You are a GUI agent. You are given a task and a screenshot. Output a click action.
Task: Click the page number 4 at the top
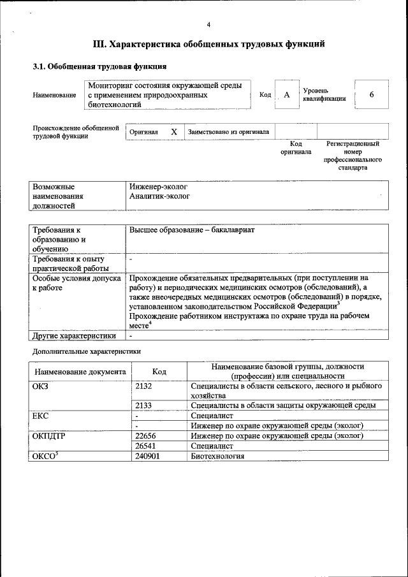[x=208, y=25]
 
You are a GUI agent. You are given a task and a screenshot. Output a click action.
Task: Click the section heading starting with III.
[x=209, y=44]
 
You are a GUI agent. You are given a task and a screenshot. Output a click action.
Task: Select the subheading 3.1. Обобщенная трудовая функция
[x=99, y=66]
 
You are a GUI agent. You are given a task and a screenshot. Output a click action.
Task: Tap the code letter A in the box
[x=287, y=95]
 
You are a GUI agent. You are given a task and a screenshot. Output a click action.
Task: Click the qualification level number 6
[x=371, y=94]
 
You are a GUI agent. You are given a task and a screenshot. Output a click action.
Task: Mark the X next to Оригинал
[x=173, y=132]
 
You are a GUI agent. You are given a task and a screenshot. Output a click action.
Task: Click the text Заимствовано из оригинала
[x=228, y=132]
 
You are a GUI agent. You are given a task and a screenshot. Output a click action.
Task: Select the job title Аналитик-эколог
[x=159, y=196]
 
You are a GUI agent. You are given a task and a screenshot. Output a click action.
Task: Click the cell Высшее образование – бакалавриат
[x=192, y=230]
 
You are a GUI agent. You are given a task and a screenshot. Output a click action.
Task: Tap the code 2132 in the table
[x=144, y=386]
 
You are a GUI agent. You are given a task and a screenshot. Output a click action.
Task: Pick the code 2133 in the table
[x=144, y=405]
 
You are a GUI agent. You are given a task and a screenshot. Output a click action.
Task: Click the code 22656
[x=146, y=436]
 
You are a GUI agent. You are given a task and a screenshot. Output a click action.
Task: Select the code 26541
[x=146, y=446]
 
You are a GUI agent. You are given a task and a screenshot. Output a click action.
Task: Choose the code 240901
[x=148, y=456]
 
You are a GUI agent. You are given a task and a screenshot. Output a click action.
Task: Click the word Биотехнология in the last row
[x=217, y=456]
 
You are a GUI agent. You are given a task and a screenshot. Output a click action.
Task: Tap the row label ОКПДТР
[x=49, y=436]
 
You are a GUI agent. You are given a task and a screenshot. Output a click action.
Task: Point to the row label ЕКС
[x=40, y=416]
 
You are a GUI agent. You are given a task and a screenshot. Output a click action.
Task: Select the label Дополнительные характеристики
[x=86, y=351]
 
